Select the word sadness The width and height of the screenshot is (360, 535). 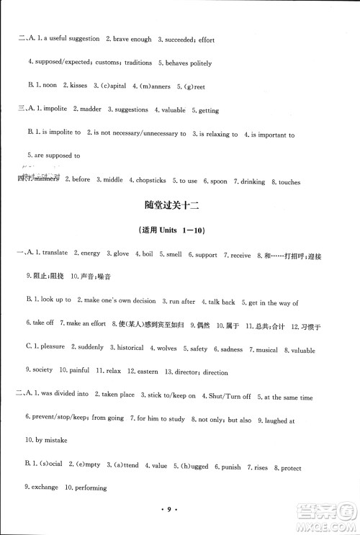click(232, 349)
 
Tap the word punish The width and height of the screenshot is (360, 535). click(229, 467)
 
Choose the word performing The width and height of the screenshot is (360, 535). click(89, 488)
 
